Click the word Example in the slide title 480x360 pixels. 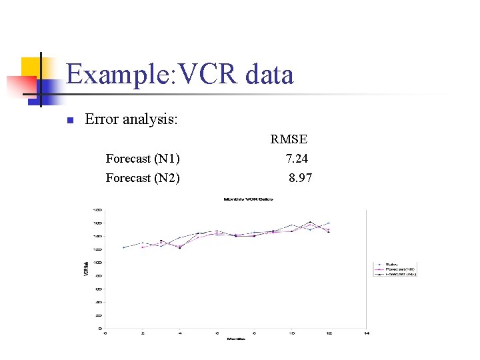pyautogui.click(x=117, y=74)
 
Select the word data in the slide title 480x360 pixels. pyautogui.click(x=269, y=74)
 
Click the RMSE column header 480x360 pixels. pyautogui.click(x=289, y=139)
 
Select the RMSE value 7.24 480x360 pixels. pyautogui.click(x=297, y=159)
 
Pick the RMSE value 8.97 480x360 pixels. pyautogui.click(x=300, y=178)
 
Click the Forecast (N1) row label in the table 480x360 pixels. pyautogui.click(x=143, y=159)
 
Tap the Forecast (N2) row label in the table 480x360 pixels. pyautogui.click(x=143, y=178)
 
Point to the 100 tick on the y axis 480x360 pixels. pyautogui.click(x=97, y=262)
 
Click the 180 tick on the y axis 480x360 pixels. pyautogui.click(x=97, y=209)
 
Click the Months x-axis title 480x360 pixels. pyautogui.click(x=235, y=339)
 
